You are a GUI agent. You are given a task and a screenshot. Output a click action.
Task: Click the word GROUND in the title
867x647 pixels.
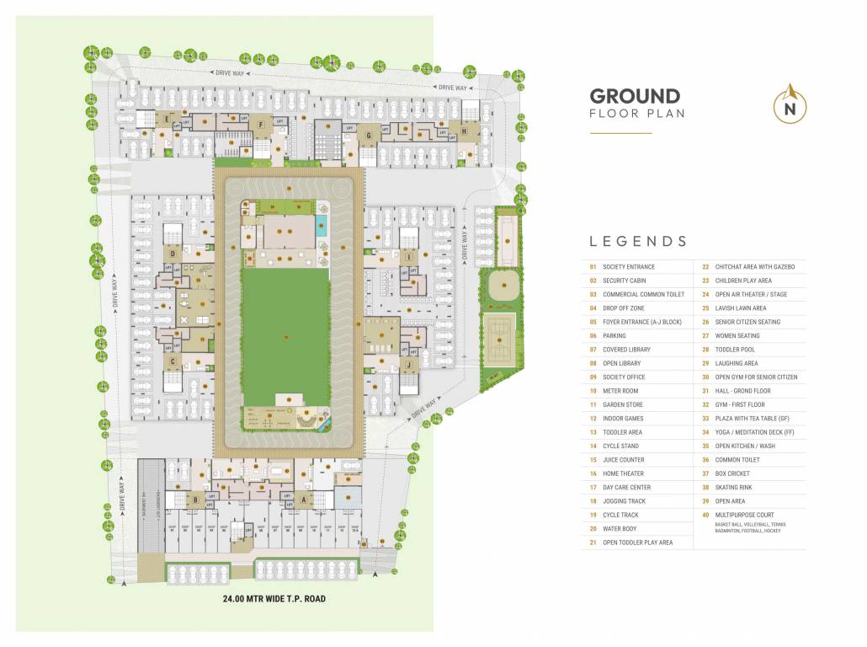(635, 96)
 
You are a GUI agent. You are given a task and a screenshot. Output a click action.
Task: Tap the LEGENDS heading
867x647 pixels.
(638, 241)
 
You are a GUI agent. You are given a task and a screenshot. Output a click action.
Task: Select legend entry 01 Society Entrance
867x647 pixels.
(628, 267)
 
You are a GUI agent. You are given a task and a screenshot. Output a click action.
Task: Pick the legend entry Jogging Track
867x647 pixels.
(624, 501)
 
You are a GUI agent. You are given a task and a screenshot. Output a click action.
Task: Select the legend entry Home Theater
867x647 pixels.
(624, 473)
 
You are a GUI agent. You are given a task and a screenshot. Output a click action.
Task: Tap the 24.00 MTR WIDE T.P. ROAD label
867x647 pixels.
(274, 599)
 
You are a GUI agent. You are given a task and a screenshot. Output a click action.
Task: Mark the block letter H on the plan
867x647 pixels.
(463, 131)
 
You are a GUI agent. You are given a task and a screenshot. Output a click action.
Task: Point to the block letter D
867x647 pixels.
(172, 253)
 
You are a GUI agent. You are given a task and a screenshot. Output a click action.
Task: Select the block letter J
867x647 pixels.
(407, 363)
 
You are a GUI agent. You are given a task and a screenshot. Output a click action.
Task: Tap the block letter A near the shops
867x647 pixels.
(303, 499)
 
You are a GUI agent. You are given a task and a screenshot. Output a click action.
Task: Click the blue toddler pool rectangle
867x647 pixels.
(322, 226)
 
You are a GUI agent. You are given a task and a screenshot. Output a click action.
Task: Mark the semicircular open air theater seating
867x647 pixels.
(306, 419)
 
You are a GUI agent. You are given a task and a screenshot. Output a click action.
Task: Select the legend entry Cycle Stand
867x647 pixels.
(620, 446)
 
